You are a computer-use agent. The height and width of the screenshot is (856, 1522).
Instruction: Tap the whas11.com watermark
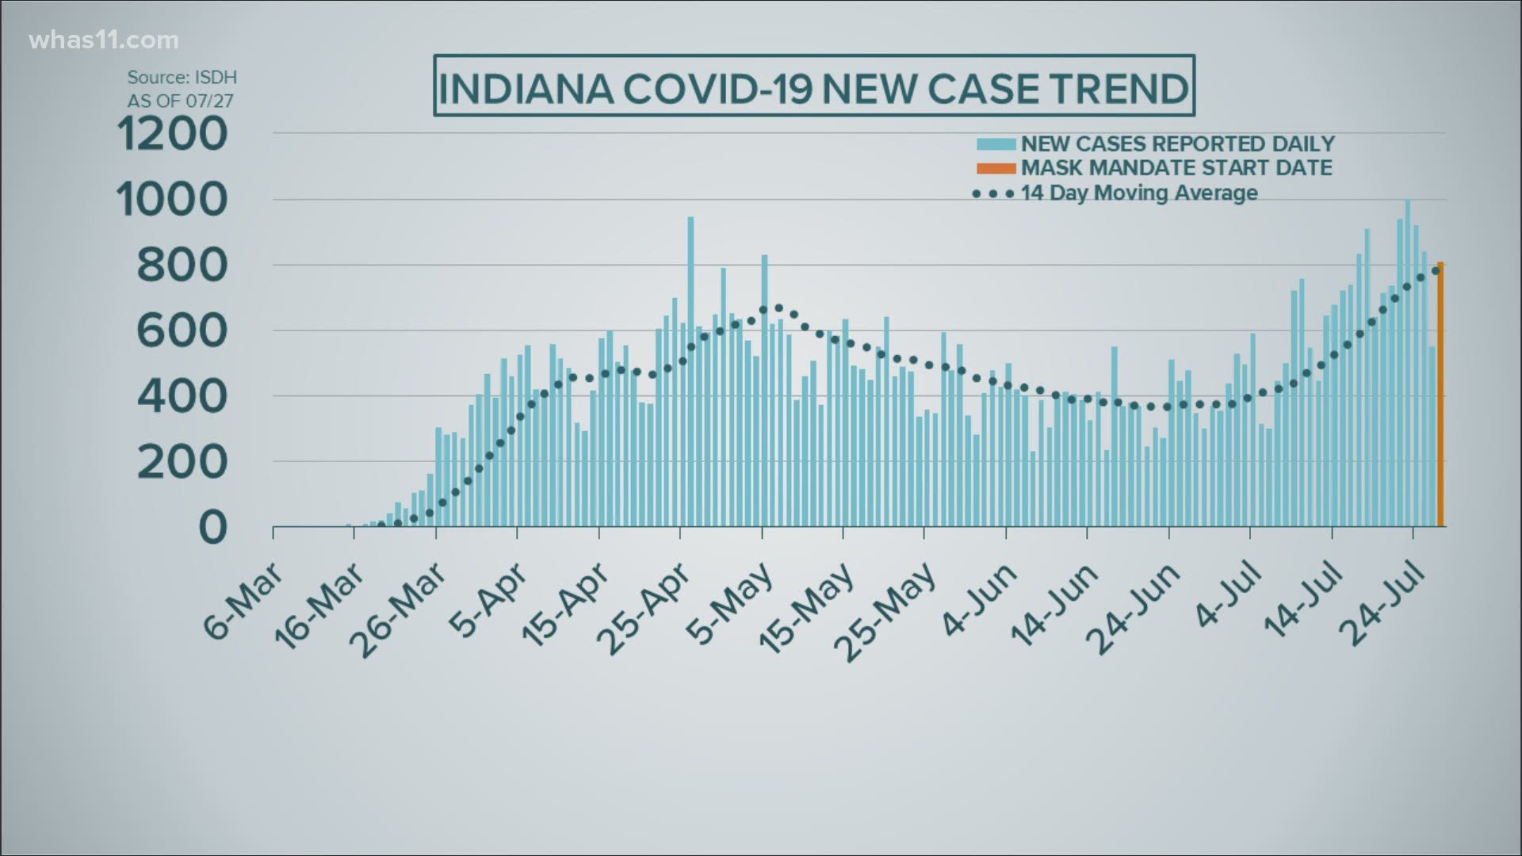click(x=104, y=40)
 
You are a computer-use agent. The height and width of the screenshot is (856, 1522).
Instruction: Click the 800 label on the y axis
click(x=182, y=266)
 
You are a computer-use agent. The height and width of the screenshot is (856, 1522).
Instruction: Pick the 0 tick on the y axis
click(x=212, y=527)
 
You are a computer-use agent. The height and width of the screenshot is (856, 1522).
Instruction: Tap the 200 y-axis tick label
click(x=182, y=462)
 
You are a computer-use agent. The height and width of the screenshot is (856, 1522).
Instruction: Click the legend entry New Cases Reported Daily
click(x=1177, y=143)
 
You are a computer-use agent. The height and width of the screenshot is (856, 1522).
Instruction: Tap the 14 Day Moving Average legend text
click(x=1139, y=193)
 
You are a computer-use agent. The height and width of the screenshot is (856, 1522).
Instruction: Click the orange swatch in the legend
click(x=996, y=168)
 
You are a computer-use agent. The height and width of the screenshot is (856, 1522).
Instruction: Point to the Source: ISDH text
click(x=182, y=78)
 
